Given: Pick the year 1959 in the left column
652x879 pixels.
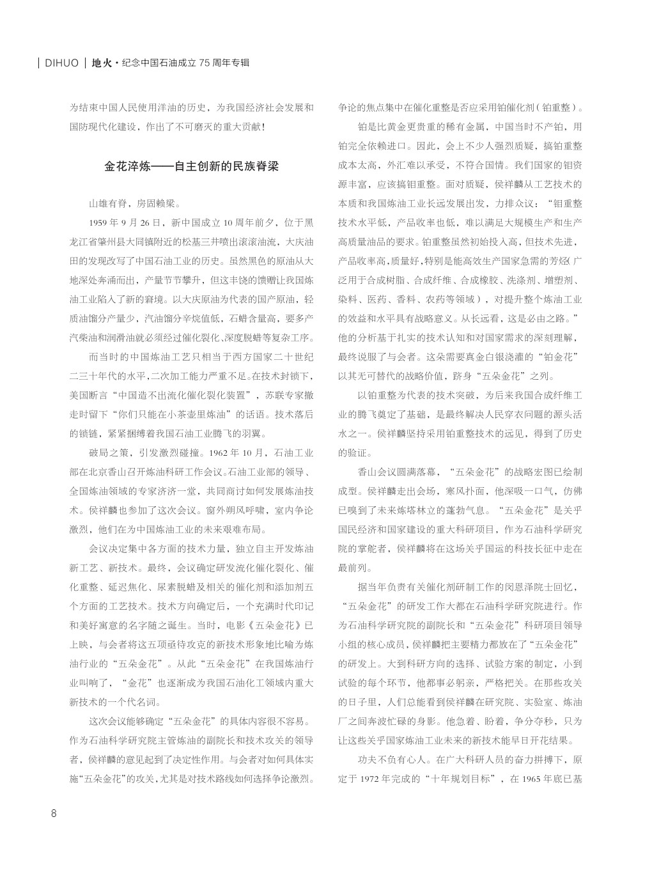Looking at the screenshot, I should tap(101, 222).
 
